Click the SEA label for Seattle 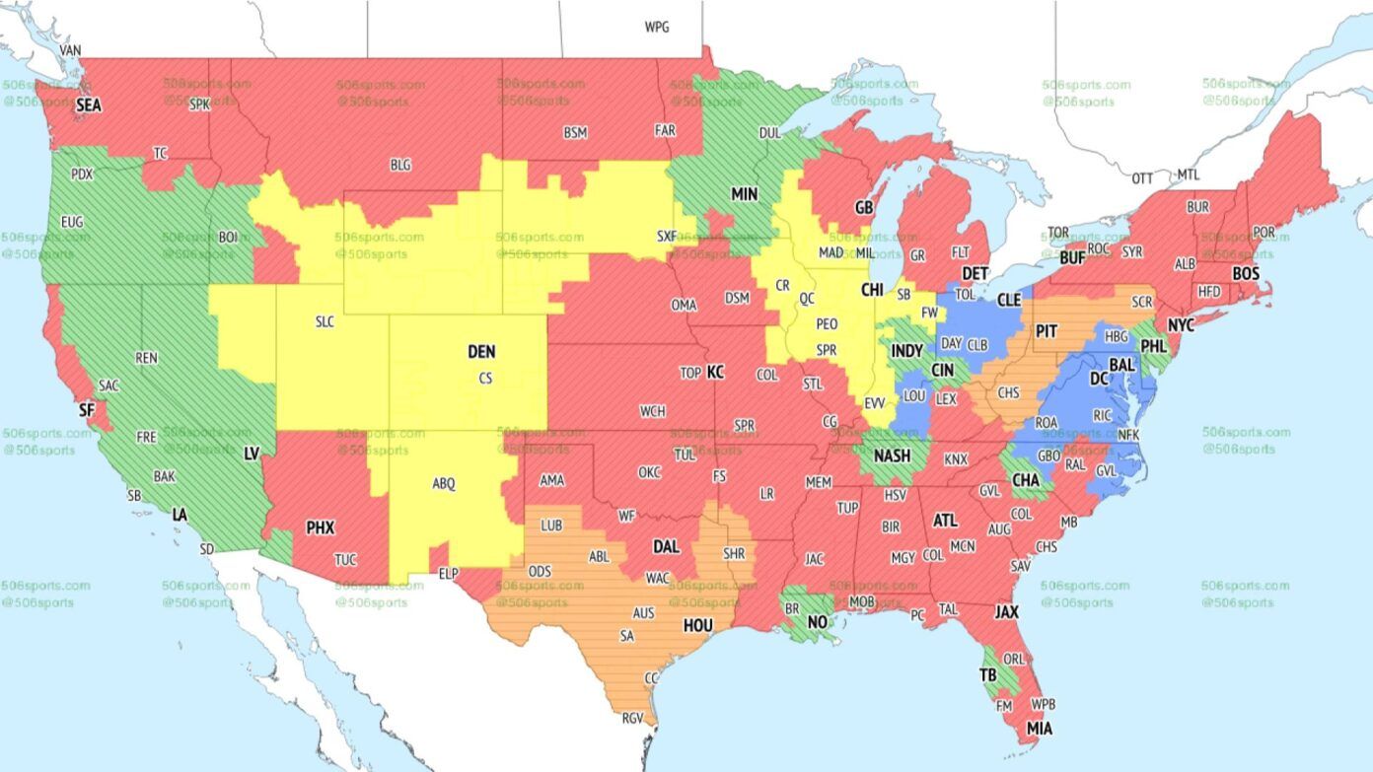pos(89,104)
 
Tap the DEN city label pos(481,351)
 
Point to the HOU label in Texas pos(698,624)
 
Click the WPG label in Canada pos(657,28)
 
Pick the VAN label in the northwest pos(70,50)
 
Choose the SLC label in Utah pos(325,321)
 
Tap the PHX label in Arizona pos(321,527)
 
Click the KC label pos(715,372)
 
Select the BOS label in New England pos(1246,273)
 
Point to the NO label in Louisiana pos(818,622)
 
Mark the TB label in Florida pos(987,675)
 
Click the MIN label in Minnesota pos(744,194)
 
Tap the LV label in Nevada pos(252,453)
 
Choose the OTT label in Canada pos(1142,178)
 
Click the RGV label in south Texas pos(631,719)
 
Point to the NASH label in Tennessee pos(892,456)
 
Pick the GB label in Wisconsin pos(864,208)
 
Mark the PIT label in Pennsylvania pos(1047,332)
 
